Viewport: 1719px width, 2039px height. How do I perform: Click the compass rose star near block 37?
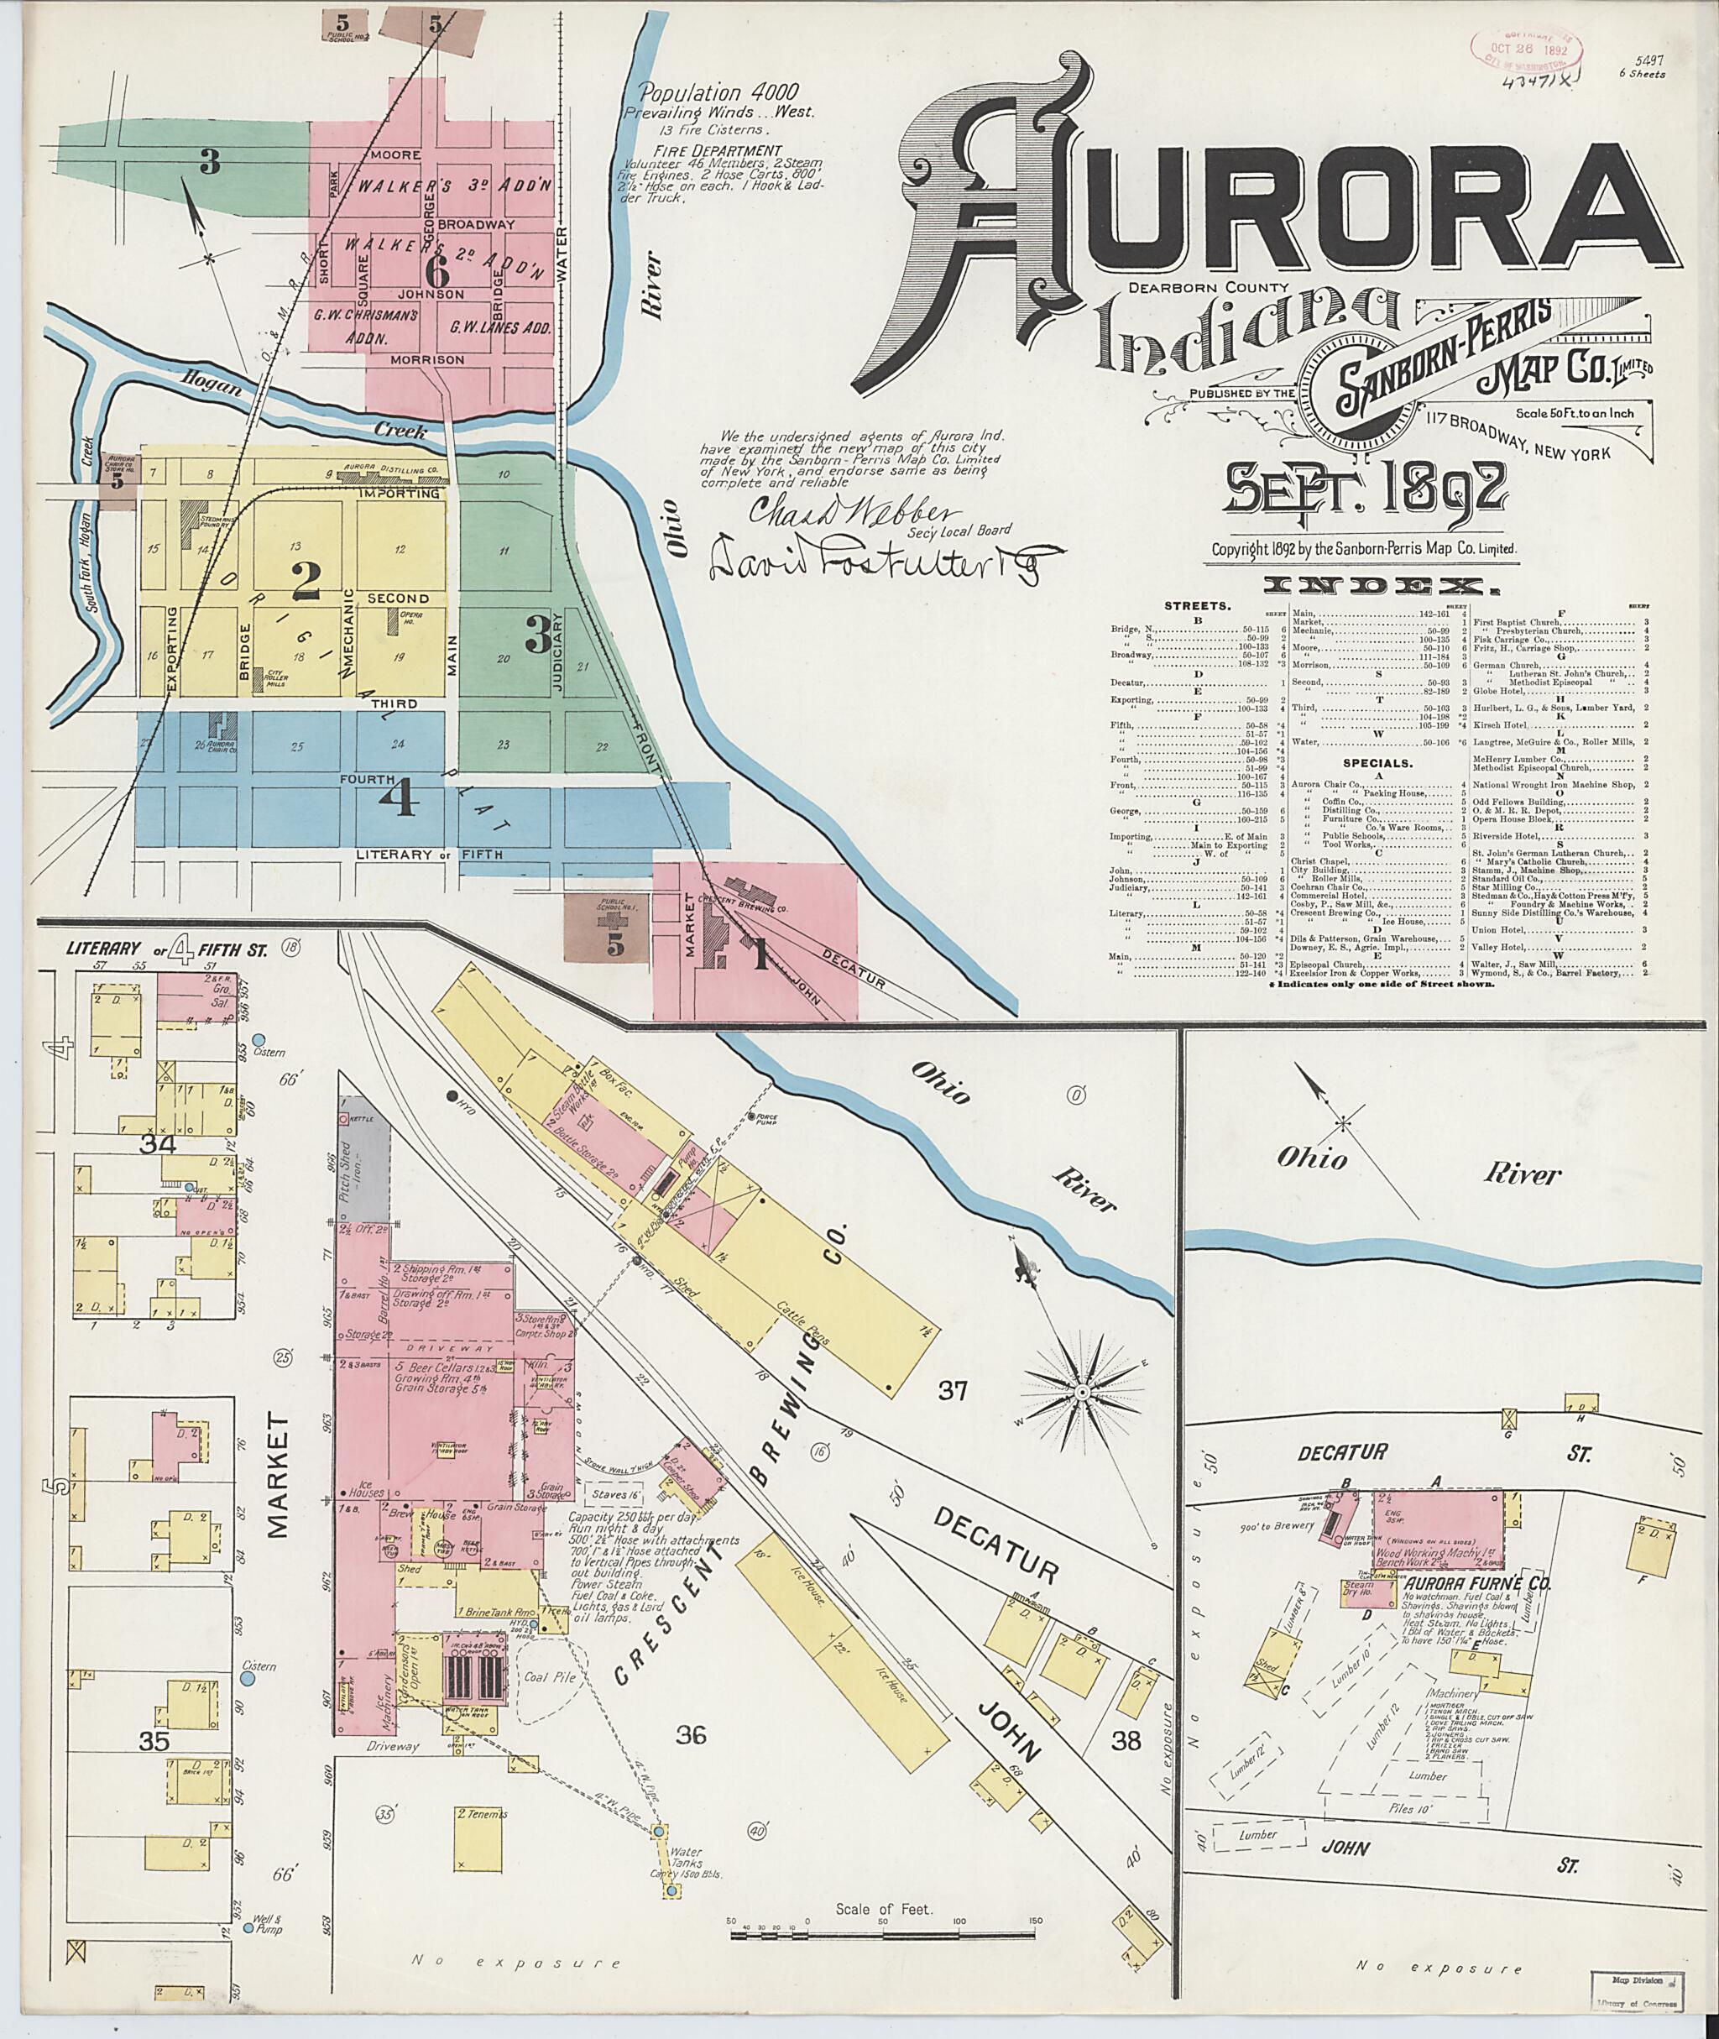[x=1082, y=1391]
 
